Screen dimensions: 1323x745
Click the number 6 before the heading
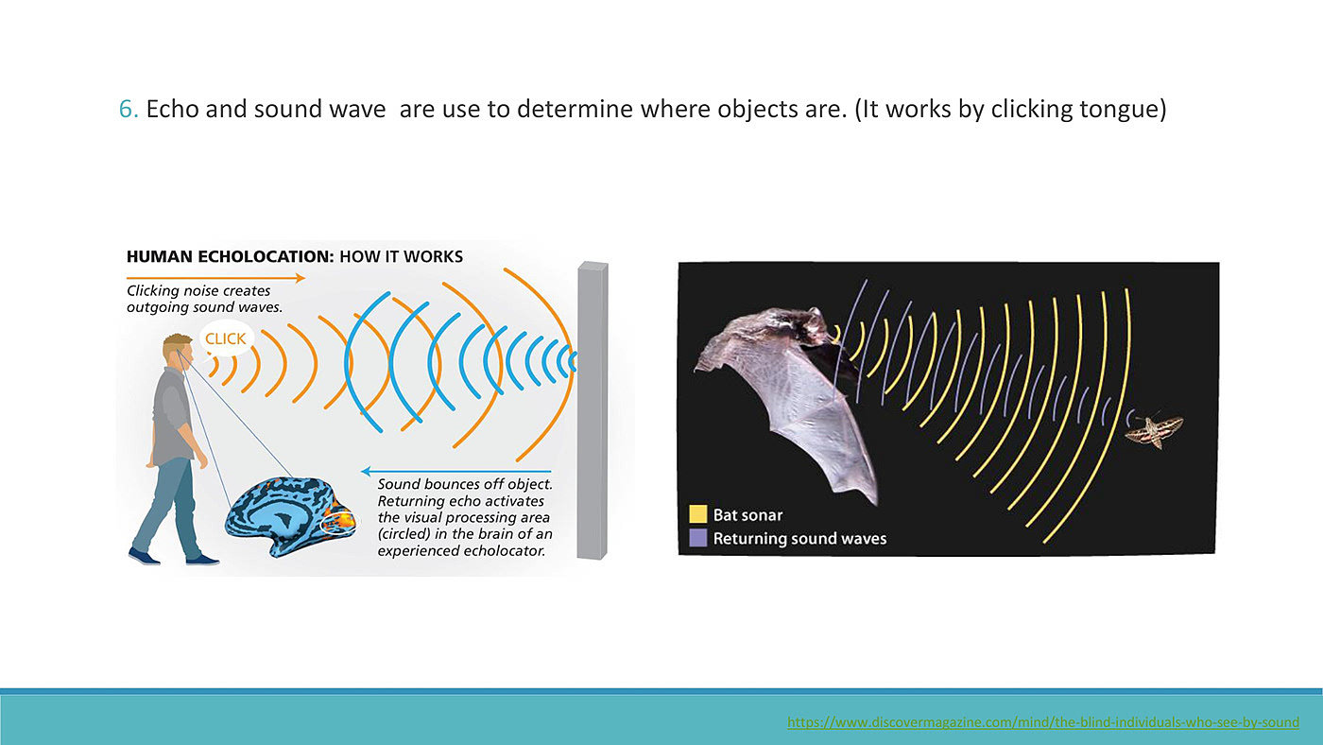click(x=126, y=110)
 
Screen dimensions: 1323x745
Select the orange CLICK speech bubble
click(x=226, y=338)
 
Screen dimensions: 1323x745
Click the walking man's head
click(x=177, y=351)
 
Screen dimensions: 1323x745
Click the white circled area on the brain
click(x=338, y=521)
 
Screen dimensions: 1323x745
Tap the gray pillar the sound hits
click(x=593, y=410)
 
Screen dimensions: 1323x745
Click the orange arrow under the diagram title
click(x=215, y=278)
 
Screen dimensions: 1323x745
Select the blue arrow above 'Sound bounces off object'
click(x=455, y=472)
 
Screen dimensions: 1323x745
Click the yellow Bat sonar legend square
click(x=698, y=514)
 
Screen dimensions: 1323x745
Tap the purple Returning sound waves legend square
click(x=698, y=538)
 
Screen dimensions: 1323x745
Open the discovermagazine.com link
click(x=1043, y=722)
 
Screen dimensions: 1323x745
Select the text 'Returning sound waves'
click(x=799, y=539)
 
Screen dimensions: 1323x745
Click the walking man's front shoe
click(x=202, y=559)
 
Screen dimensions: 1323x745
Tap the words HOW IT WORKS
click(x=401, y=257)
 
